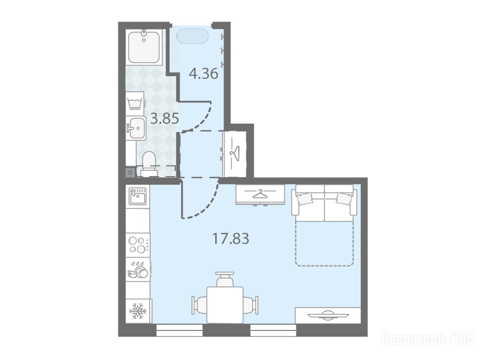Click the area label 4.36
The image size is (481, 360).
203,74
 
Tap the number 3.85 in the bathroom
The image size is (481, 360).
164,118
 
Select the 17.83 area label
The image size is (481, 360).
231,238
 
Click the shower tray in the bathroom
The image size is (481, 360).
145,47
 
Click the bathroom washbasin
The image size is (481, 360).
136,128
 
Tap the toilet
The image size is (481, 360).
149,164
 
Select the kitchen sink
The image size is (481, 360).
138,196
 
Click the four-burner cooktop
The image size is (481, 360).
138,245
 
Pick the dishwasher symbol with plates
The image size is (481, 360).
138,269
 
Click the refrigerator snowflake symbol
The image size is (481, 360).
138,311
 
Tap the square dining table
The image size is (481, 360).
225,305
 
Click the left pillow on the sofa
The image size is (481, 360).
304,198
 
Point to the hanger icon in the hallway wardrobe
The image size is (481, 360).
235,151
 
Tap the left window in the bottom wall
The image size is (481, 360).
179,331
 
